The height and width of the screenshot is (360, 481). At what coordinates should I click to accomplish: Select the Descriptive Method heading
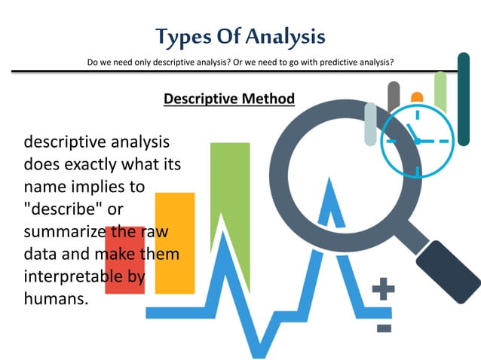[228, 99]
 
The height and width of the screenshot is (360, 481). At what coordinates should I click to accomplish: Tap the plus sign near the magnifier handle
[383, 289]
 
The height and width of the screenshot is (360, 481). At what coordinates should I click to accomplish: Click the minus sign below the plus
[384, 328]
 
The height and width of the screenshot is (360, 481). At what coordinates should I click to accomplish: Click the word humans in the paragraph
[54, 298]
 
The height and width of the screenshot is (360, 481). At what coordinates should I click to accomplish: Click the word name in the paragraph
[44, 185]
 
